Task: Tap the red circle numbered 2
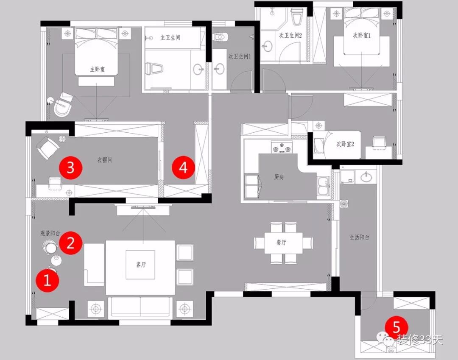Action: click(70, 243)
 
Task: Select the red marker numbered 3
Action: click(70, 167)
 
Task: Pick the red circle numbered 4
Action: click(183, 167)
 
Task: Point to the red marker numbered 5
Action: click(396, 327)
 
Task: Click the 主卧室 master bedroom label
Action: click(97, 69)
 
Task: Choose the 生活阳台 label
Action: click(359, 237)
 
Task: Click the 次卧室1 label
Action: click(362, 36)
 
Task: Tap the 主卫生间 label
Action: click(170, 37)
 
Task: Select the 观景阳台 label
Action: click(50, 233)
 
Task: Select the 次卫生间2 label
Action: click(290, 36)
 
